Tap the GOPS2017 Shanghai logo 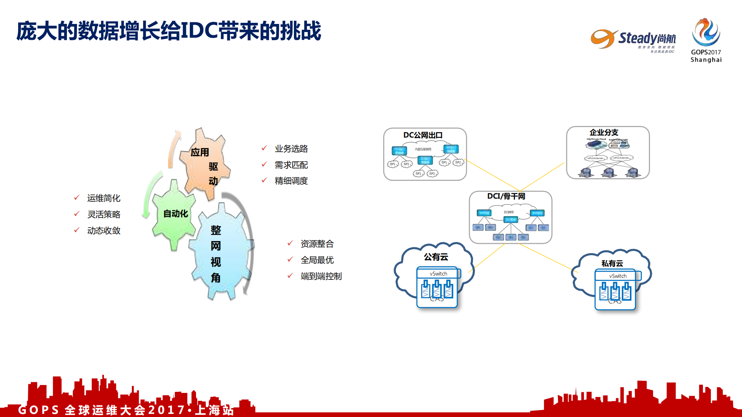tap(706, 40)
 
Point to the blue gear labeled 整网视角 tap(220, 253)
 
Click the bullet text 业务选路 tap(291, 149)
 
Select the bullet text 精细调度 tap(291, 181)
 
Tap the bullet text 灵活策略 tap(104, 214)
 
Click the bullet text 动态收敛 tap(104, 231)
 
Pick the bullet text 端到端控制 tap(321, 276)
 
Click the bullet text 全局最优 tap(317, 260)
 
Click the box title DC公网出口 tap(423, 135)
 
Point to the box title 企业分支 tap(604, 133)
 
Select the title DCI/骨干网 tap(506, 196)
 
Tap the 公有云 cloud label tap(436, 257)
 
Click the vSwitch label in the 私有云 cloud tap(617, 276)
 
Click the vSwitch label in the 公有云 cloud tap(438, 274)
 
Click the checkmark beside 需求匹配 tap(264, 164)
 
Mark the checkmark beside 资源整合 tap(290, 243)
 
